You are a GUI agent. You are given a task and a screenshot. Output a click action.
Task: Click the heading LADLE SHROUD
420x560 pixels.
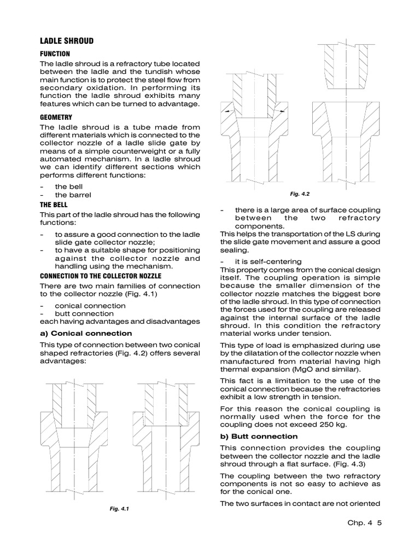pyautogui.click(x=67, y=41)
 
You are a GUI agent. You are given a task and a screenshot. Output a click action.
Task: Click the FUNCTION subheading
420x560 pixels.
pyautogui.click(x=55, y=54)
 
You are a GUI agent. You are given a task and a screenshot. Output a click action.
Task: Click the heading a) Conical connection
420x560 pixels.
pyautogui.click(x=86, y=333)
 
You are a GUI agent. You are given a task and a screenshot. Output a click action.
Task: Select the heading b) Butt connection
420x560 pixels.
pyautogui.click(x=259, y=436)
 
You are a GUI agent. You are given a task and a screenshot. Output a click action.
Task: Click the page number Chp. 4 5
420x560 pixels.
pyautogui.click(x=364, y=523)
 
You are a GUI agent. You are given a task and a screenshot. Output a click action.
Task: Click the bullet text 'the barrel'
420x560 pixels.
pyautogui.click(x=73, y=195)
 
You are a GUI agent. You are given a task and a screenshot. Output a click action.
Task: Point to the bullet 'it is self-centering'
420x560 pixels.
pyautogui.click(x=268, y=261)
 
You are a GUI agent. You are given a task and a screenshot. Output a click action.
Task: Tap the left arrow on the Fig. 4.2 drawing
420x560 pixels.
pyautogui.click(x=225, y=110)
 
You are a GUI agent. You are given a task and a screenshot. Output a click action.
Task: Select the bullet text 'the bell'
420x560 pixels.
pyautogui.click(x=68, y=186)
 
